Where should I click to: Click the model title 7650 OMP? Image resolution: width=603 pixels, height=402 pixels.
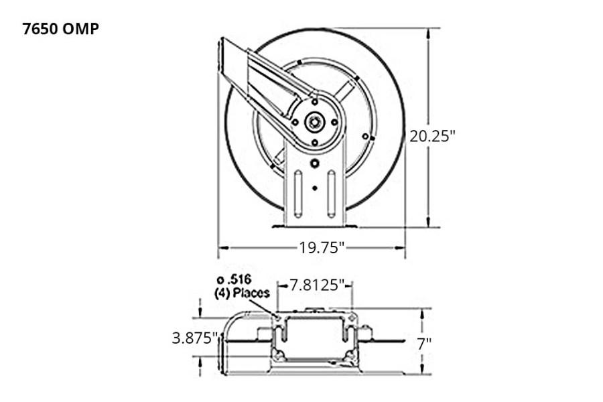tap(61, 29)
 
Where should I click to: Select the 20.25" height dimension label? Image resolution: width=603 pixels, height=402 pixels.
tap(432, 136)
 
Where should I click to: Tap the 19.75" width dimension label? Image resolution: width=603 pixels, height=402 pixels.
tap(322, 248)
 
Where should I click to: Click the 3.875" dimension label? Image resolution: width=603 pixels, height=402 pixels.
tap(195, 338)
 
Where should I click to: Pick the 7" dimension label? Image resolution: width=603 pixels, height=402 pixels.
tap(424, 344)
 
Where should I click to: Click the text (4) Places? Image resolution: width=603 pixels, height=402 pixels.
tap(242, 293)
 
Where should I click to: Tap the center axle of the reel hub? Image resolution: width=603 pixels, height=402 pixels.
tap(314, 122)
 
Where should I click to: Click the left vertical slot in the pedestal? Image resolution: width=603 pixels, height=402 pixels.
tap(297, 194)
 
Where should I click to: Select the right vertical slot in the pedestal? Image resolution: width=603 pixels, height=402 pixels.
tap(331, 194)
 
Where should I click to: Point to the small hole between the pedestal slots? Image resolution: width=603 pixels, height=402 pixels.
tap(314, 188)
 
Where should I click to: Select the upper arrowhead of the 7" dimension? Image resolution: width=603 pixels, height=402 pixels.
tap(421, 312)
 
